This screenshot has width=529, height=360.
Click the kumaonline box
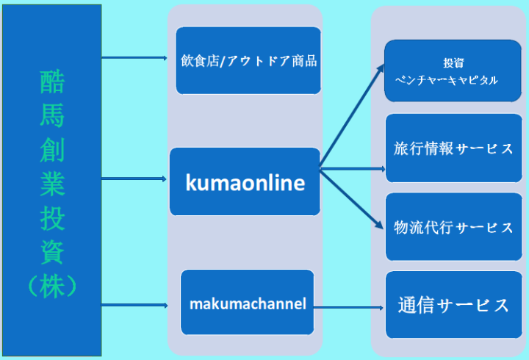pyautogui.click(x=245, y=182)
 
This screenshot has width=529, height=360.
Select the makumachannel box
pyautogui.click(x=248, y=303)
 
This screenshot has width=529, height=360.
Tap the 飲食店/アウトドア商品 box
pyautogui.click(x=248, y=60)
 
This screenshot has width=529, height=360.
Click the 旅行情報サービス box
pyautogui.click(x=453, y=148)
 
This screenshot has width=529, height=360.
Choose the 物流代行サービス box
pyautogui.click(x=453, y=227)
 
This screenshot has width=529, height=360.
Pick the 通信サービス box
pyautogui.click(x=453, y=305)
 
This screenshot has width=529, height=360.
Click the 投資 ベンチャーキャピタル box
pyautogui.click(x=453, y=71)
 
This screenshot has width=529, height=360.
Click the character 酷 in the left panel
pyautogui.click(x=52, y=82)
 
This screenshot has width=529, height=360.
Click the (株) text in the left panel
pyautogui.click(x=52, y=286)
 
